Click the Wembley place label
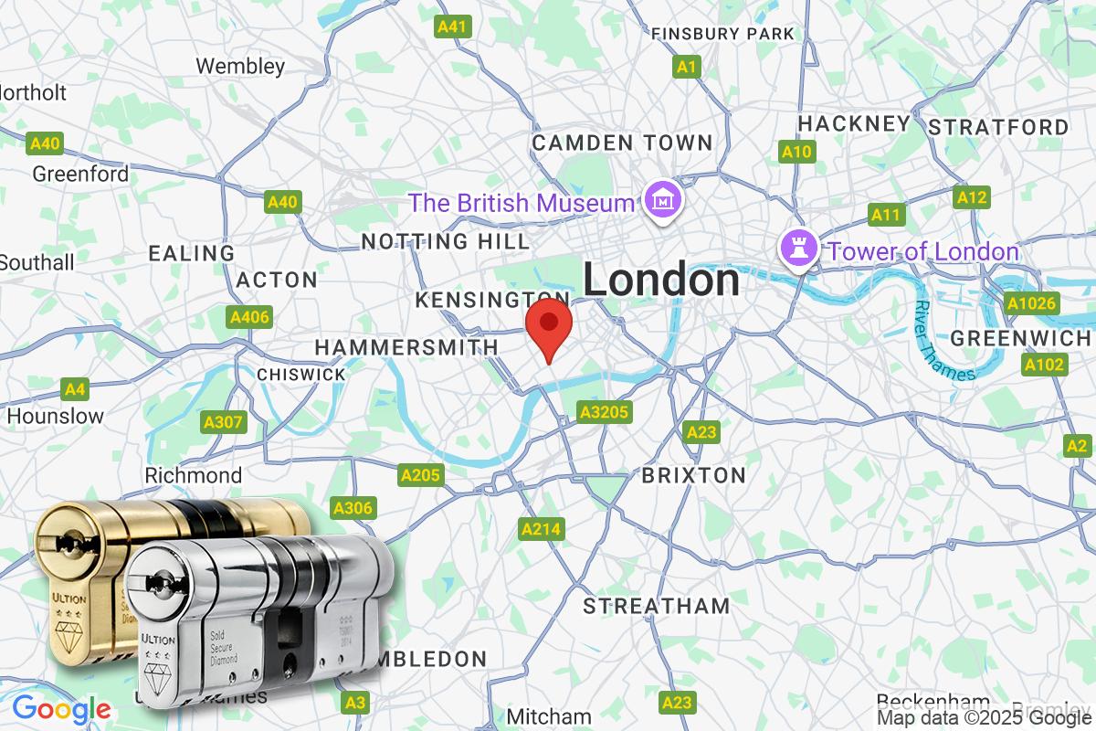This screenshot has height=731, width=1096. pos(240,66)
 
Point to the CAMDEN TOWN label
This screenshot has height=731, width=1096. pos(622,143)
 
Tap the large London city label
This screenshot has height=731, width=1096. pos(661,280)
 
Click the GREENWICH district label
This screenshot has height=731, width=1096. pos(1020,339)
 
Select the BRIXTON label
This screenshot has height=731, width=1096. pos(693,475)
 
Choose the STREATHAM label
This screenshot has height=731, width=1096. pos(657,606)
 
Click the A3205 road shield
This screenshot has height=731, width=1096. pos(605,413)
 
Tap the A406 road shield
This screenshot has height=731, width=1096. pos(249,317)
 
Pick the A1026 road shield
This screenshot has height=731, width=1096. pos(1032,302)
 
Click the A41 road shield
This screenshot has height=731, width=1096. pos(453,26)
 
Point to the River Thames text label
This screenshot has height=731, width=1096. pos(945,340)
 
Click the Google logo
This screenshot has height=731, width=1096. pos(61,709)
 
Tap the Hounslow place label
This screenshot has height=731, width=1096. pos(56,416)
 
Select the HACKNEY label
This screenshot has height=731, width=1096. pos(854,123)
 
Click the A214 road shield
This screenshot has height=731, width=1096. pos(542,528)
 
